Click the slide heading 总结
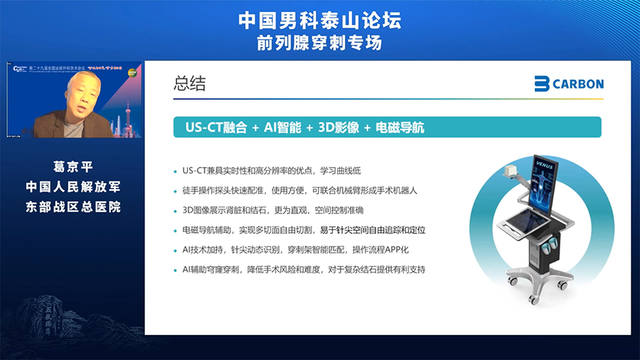pos(189,83)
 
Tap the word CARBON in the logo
pos(579,84)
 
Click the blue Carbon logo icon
pos(543,84)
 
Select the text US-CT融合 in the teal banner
pos(215,127)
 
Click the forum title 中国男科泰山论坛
pos(319,20)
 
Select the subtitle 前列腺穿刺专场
pos(319,43)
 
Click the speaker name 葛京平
pos(73,166)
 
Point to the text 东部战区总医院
pos(73,207)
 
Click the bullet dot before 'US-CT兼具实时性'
pos(175,171)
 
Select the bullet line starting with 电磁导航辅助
pos(304,231)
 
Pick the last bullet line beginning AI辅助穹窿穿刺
pos(304,270)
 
